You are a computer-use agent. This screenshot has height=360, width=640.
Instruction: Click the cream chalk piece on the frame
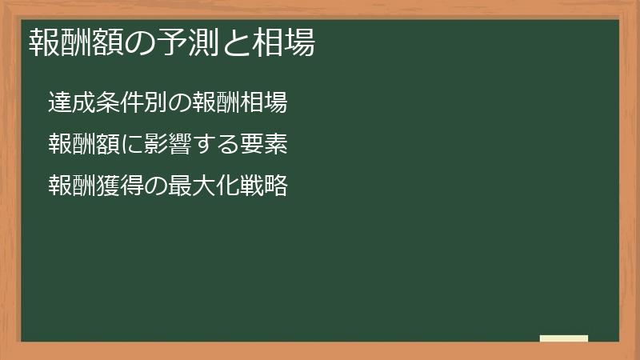564,338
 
